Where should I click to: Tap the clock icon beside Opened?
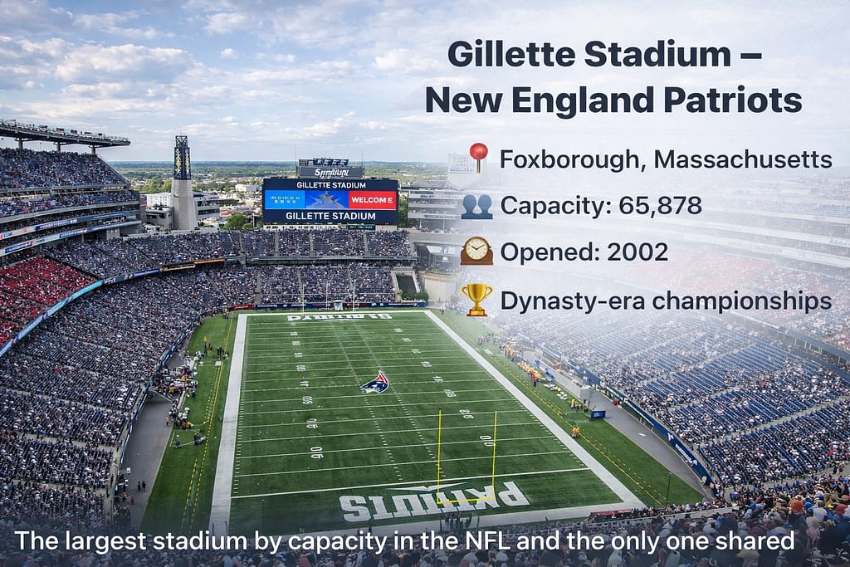[476, 251]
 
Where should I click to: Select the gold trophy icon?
[477, 299]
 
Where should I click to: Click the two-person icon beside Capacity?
[476, 204]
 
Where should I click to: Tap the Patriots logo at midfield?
[375, 382]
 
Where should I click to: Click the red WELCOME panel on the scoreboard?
[372, 200]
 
